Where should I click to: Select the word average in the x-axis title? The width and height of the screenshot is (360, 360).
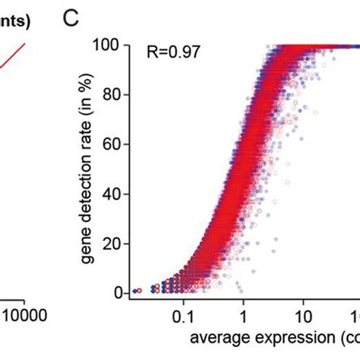pyautogui.click(x=214, y=336)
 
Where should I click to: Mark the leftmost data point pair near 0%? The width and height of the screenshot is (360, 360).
pyautogui.click(x=136, y=291)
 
